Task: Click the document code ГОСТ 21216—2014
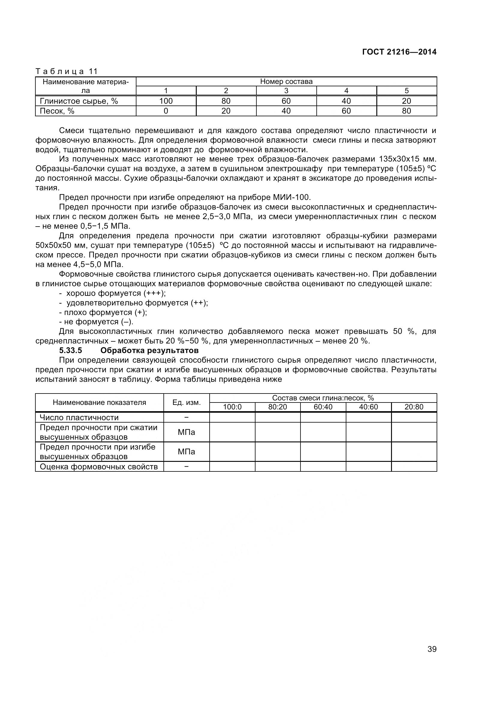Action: click(399, 52)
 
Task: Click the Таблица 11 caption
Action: click(66, 71)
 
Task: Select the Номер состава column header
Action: click(286, 82)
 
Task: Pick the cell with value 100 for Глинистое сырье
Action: click(166, 101)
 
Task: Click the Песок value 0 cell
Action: click(166, 111)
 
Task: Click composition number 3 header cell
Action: click(286, 91)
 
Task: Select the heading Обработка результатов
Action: click(149, 350)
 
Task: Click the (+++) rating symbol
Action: click(154, 293)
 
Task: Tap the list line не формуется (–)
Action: click(96, 322)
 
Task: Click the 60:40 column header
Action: click(323, 407)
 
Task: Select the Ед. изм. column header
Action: click(186, 402)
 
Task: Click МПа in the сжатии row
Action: click(186, 432)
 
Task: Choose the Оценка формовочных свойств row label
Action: click(99, 467)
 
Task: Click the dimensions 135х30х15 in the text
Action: click(400, 159)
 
